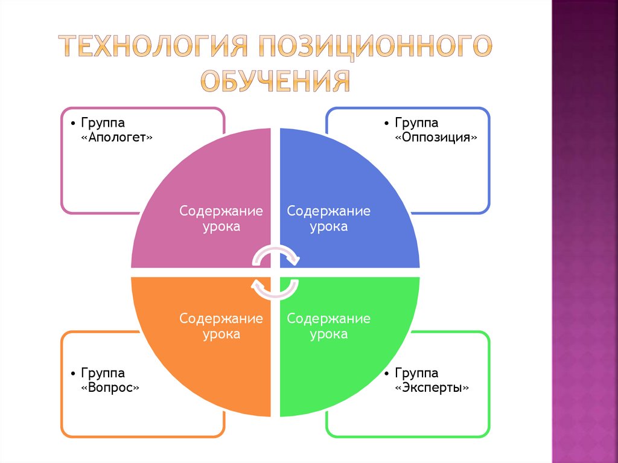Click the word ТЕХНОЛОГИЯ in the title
154,46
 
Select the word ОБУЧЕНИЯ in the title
275,80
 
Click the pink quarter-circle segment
199,181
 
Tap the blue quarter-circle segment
356,181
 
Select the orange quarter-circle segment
193,362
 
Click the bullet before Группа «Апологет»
72,123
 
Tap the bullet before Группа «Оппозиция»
386,123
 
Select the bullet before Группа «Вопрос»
72,374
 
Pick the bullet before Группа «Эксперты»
386,374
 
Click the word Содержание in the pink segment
221,211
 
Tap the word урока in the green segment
329,334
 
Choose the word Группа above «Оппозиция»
417,123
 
